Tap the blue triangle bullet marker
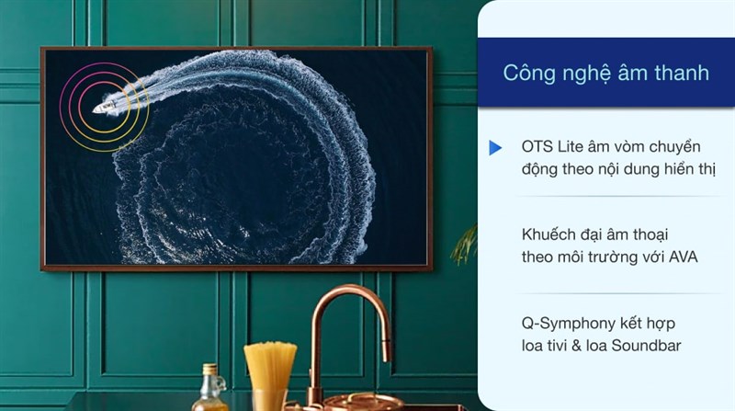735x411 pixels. tap(495, 147)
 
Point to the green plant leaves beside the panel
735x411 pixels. tap(467, 244)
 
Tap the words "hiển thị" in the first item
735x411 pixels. tap(689, 169)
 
